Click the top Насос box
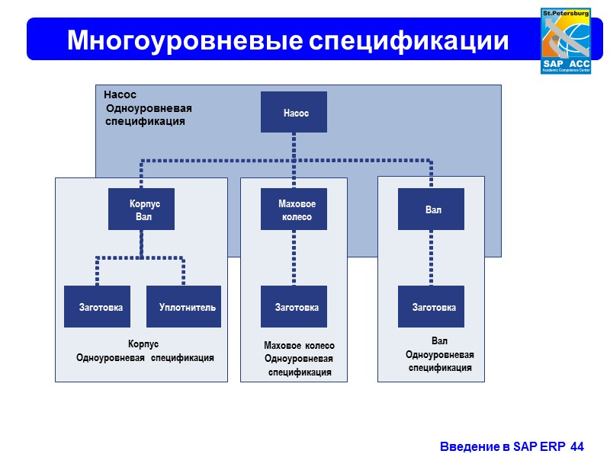click(294, 112)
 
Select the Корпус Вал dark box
click(142, 209)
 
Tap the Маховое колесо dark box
click(294, 209)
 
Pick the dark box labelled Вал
click(432, 209)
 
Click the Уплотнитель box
click(184, 306)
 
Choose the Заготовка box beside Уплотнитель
click(97, 306)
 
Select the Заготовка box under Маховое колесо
click(294, 306)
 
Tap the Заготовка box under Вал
click(432, 306)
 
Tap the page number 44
click(577, 445)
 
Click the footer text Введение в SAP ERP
click(503, 445)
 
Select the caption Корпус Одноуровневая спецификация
click(144, 351)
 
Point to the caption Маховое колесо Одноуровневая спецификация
click(299, 359)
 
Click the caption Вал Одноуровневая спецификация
click(440, 354)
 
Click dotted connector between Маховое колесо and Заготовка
click(294, 257)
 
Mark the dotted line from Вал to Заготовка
click(432, 257)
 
